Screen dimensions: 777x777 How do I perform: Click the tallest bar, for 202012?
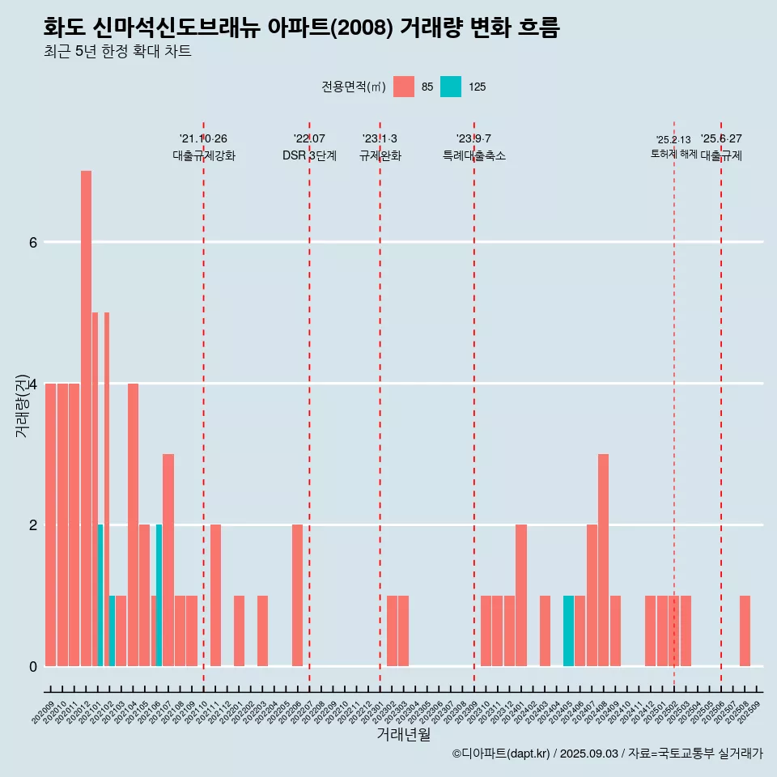pos(86,418)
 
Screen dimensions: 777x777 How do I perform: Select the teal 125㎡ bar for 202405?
pos(568,631)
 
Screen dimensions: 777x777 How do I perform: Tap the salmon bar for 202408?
pos(603,560)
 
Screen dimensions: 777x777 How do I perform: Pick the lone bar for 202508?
pos(745,631)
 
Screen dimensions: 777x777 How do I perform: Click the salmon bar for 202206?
pos(297,596)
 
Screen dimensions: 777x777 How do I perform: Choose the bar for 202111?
pos(215,596)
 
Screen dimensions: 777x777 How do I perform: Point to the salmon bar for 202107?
pos(168,560)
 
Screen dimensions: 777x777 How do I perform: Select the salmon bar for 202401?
pos(521,596)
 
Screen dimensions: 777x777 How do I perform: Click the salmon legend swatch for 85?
pos(404,87)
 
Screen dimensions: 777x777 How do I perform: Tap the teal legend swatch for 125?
pos(451,87)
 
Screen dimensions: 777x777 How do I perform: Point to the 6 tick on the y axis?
pos(32,242)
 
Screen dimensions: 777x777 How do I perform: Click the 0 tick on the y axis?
pos(32,666)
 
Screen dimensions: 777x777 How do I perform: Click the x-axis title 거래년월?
pos(403,734)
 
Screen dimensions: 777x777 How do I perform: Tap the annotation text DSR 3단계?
pos(309,155)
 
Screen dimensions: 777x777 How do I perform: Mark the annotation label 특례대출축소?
pos(474,155)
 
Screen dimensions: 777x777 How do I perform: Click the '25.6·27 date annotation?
pos(721,139)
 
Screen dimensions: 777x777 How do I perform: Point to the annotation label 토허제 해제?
pos(673,154)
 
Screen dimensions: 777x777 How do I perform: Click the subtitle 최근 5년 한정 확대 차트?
pos(117,52)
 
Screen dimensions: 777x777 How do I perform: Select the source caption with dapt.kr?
pos(607,754)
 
